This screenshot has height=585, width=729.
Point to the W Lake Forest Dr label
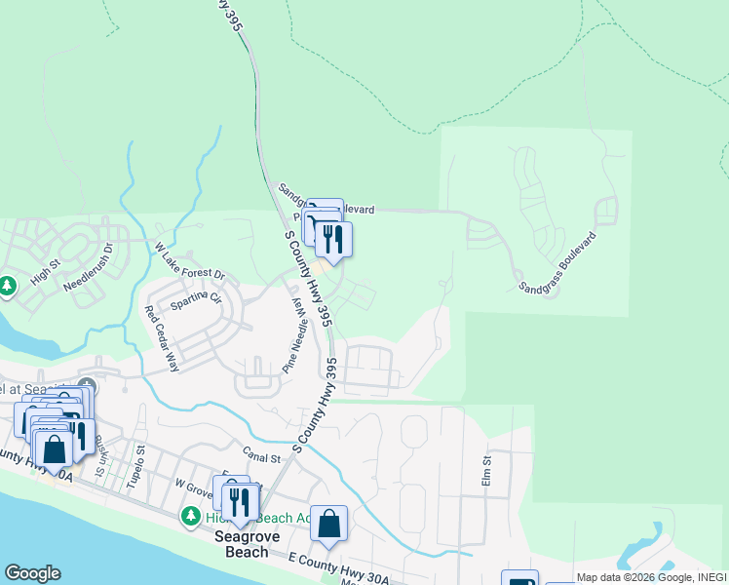pyautogui.click(x=190, y=261)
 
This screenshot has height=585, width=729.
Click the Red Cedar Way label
pyautogui.click(x=163, y=339)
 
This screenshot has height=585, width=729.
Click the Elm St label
pyautogui.click(x=487, y=470)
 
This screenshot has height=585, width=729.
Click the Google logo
pyautogui.click(x=32, y=573)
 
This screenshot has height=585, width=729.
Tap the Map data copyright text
pyautogui.click(x=650, y=577)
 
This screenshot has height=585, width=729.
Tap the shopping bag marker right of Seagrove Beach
pyautogui.click(x=329, y=524)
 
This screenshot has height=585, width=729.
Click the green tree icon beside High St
pyautogui.click(x=8, y=286)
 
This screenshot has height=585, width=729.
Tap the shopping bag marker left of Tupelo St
pyautogui.click(x=55, y=449)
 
